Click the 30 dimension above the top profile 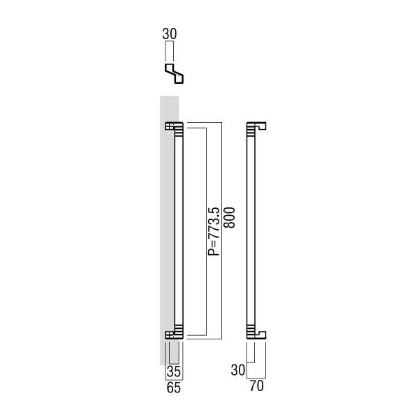pos(170,34)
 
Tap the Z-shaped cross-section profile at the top pos(174,73)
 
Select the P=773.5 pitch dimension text pos(214,231)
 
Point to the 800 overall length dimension pos(229,218)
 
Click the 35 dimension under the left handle pos(174,372)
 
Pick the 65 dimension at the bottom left pos(174,388)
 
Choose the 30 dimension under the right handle pos(238,370)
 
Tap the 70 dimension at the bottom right pos(256,386)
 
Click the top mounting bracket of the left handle pos(174,126)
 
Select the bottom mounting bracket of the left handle pos(174,335)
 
